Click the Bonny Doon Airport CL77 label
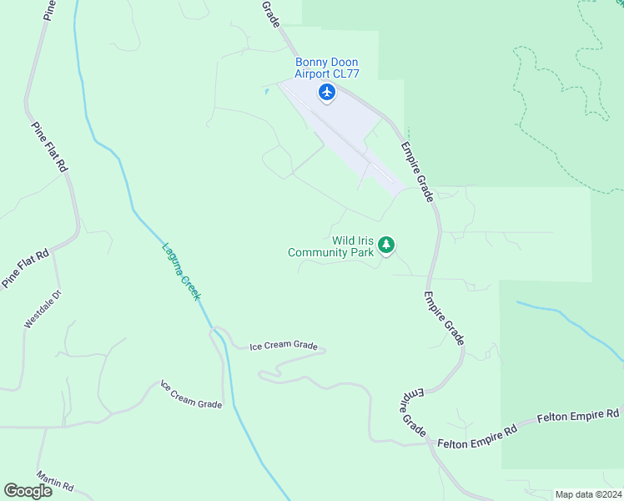click(x=326, y=68)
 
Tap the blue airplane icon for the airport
click(x=326, y=92)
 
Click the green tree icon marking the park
click(x=385, y=245)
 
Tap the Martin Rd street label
click(x=56, y=480)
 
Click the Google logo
click(x=28, y=491)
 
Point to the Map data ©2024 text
click(x=587, y=494)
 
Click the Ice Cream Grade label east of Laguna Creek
click(x=284, y=347)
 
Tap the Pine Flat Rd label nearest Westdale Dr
click(x=25, y=268)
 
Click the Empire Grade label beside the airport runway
click(x=417, y=171)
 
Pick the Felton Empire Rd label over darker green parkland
click(x=578, y=415)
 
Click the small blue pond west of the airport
click(x=266, y=90)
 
